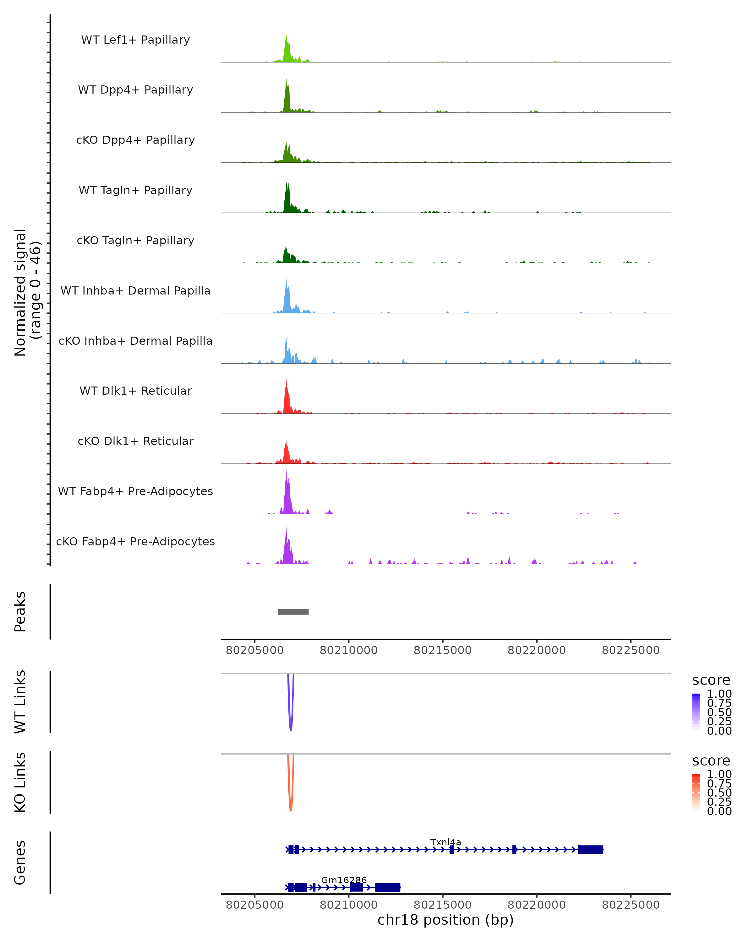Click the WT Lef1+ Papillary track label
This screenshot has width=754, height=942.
point(135,40)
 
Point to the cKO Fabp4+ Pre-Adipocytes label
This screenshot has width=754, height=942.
point(135,541)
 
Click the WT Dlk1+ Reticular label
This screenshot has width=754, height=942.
point(135,391)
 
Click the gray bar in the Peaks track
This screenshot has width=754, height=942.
point(293,612)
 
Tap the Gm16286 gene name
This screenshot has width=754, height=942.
point(344,880)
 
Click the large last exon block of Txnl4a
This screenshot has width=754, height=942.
point(590,849)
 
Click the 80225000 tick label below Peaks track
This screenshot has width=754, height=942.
point(630,650)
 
